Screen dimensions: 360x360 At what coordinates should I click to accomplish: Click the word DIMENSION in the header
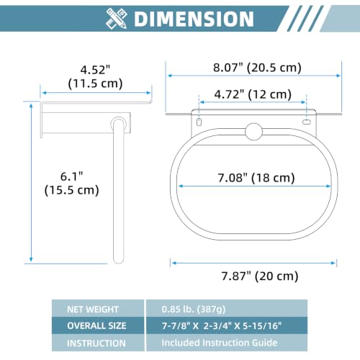[x=194, y=19]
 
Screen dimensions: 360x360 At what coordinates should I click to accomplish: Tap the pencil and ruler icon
[x=117, y=19]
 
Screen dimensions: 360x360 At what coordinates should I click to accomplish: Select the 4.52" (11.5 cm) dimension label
[x=95, y=76]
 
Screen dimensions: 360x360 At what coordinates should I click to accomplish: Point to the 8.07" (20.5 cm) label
[x=257, y=68]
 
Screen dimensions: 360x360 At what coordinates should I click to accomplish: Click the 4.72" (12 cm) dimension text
[x=253, y=94]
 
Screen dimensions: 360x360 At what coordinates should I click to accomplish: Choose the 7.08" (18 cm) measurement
[x=256, y=178]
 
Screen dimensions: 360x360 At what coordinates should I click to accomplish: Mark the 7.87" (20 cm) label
[x=260, y=276]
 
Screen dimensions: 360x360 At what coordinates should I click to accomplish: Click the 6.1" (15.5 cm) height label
[x=72, y=183]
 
